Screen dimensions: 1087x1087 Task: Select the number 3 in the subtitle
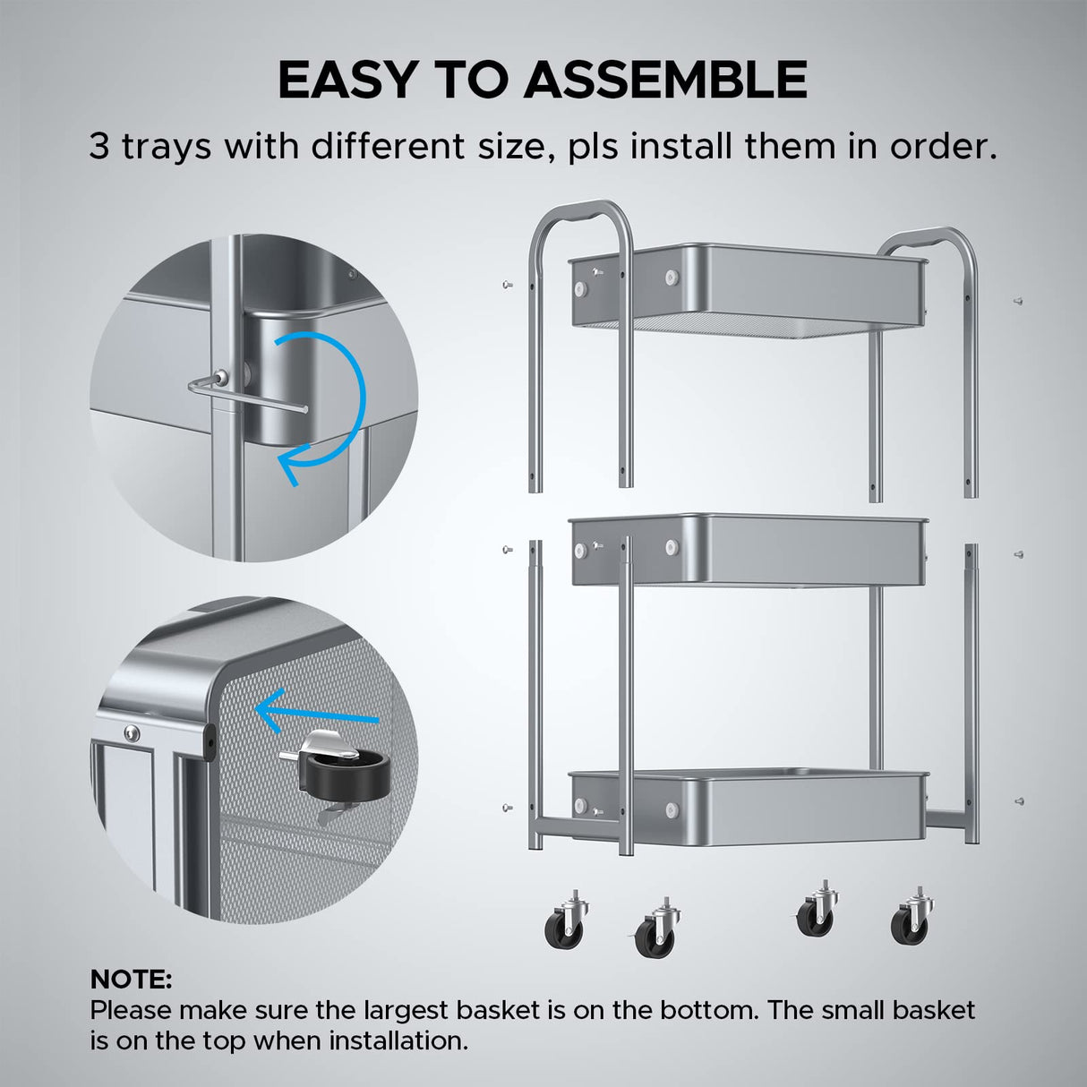tap(99, 147)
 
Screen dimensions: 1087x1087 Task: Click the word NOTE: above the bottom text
tap(131, 979)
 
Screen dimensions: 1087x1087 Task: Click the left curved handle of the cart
tap(582, 220)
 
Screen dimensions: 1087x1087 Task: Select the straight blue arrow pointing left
tap(318, 713)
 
